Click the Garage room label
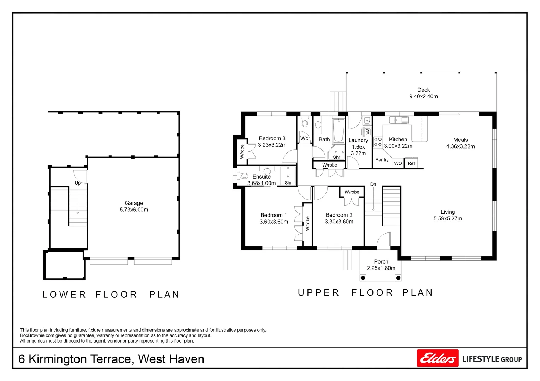pos(134,203)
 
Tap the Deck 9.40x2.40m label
pos(423,93)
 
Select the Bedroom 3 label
pos(272,139)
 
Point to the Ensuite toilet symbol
pos(243,175)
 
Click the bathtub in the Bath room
pos(338,130)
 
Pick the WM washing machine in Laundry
pos(368,132)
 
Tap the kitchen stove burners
pos(378,142)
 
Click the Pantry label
pos(382,160)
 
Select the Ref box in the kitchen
pos(411,163)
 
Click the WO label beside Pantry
pos(398,163)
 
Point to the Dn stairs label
pos(373,184)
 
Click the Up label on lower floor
pos(77,183)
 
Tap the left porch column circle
pos(363,278)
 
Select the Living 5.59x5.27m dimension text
pos(447,219)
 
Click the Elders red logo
pos(438,358)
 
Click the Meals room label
pos(460,140)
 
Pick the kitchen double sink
pos(399,120)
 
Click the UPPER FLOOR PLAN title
pos(365,293)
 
